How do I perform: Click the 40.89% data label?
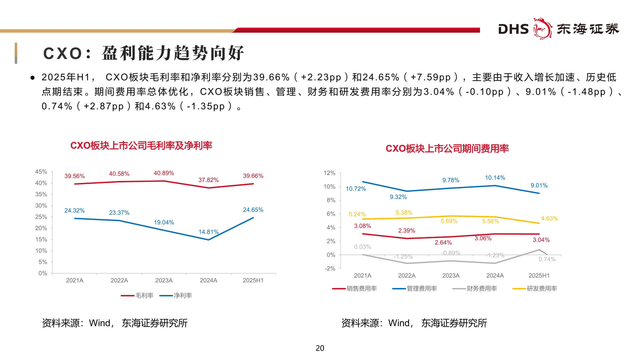(x=164, y=173)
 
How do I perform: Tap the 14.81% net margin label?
(x=208, y=232)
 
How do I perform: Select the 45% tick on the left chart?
(x=41, y=172)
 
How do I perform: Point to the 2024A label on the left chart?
(x=208, y=280)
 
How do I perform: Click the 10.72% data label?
(x=356, y=189)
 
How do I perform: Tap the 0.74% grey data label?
(x=547, y=259)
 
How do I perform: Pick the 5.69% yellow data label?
(x=449, y=221)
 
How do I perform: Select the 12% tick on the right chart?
(x=329, y=173)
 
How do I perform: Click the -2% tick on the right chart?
(x=330, y=268)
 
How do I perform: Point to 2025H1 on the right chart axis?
(x=539, y=276)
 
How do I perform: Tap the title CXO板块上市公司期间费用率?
(x=447, y=149)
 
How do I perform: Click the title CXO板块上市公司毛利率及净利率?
(x=141, y=146)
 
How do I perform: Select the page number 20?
(x=320, y=348)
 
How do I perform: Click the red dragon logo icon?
(x=543, y=29)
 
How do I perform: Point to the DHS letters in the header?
(x=513, y=29)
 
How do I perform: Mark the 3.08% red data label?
(x=362, y=226)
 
